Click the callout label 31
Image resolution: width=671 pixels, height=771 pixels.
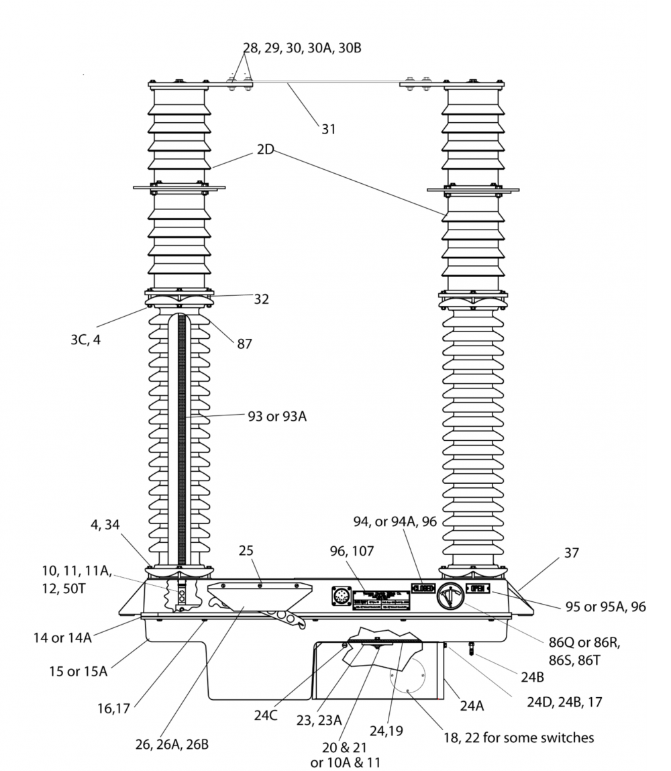[327, 129]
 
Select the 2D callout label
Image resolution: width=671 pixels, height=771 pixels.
[265, 150]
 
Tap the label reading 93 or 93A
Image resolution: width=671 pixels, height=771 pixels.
[277, 417]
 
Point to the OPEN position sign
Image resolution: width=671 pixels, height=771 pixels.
[477, 588]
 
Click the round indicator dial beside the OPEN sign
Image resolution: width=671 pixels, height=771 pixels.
[449, 596]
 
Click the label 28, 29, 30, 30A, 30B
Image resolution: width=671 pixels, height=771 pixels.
[302, 48]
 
